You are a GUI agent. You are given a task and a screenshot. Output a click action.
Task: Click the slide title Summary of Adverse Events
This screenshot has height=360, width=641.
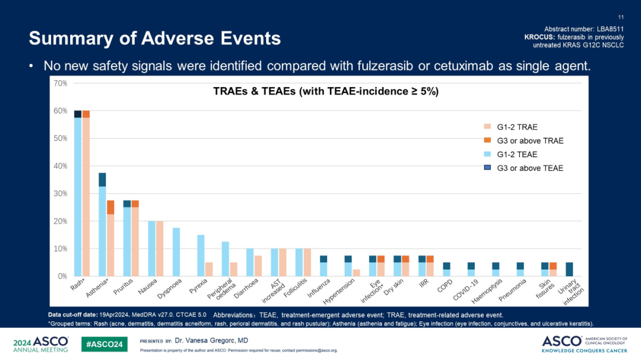[x=155, y=39]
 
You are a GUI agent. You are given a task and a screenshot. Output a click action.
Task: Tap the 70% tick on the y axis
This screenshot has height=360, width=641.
[x=60, y=83]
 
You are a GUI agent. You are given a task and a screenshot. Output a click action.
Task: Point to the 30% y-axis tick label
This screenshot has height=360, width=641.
[x=60, y=193]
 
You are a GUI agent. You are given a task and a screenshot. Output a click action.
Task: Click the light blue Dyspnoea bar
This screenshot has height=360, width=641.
[x=176, y=252]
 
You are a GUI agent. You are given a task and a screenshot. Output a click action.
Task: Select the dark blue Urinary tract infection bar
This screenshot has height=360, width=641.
[x=569, y=269]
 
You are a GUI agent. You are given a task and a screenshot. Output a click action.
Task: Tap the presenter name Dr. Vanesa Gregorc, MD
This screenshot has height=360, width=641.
[x=211, y=340]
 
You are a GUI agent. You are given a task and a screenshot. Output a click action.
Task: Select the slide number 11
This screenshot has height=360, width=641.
[x=621, y=17]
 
